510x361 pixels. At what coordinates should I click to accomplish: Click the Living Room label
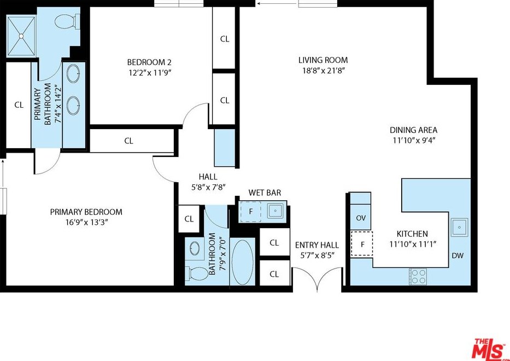323,60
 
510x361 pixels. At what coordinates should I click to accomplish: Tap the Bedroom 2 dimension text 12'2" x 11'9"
149,72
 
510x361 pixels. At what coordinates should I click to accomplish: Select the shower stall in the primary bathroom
21,36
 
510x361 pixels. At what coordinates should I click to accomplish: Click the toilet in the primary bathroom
67,22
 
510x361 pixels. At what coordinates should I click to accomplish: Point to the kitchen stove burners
418,276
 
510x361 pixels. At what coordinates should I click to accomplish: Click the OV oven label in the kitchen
361,218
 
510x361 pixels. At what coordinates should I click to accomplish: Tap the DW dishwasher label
458,255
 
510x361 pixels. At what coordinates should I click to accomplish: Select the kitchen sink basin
459,227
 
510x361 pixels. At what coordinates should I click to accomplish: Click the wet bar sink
276,211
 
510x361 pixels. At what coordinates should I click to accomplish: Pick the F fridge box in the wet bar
250,212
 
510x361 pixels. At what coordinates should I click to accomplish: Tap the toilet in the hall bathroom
197,273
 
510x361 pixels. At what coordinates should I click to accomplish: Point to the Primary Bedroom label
86,212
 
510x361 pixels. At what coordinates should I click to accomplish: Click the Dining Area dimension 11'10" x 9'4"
413,141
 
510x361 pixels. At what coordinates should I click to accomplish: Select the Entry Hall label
317,245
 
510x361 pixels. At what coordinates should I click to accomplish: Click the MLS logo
489,349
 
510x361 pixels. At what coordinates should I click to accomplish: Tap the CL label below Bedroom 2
129,141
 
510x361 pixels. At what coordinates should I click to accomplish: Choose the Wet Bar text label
265,193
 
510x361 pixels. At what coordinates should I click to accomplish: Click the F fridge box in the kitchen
362,243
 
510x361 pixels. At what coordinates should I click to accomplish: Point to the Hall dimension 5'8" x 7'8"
208,187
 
